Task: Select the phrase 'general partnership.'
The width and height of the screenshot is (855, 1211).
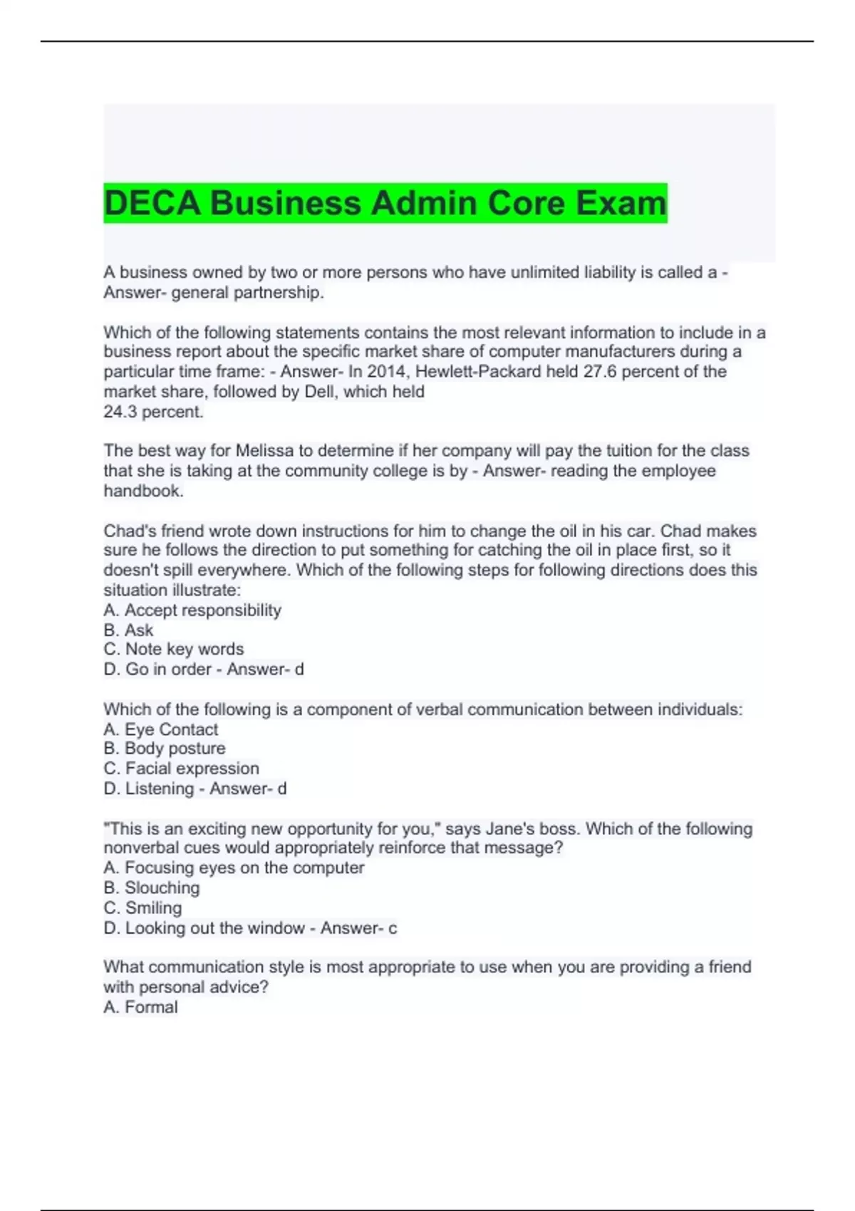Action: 247,293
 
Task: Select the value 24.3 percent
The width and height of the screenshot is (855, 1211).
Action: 153,412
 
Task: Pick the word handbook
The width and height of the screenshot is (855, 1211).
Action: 143,491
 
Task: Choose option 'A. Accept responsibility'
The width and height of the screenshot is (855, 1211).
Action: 192,610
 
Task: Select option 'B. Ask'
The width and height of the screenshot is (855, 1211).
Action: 128,630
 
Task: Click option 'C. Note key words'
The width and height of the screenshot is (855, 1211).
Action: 174,650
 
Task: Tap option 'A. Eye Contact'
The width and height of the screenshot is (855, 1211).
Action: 161,729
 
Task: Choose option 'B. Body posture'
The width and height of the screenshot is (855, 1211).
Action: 165,749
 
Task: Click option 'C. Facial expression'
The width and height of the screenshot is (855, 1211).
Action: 182,769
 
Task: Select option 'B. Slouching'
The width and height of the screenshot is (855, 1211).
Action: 152,888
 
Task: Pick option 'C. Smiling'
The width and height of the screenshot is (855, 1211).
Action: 142,908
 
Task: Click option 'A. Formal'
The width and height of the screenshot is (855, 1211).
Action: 140,1007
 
